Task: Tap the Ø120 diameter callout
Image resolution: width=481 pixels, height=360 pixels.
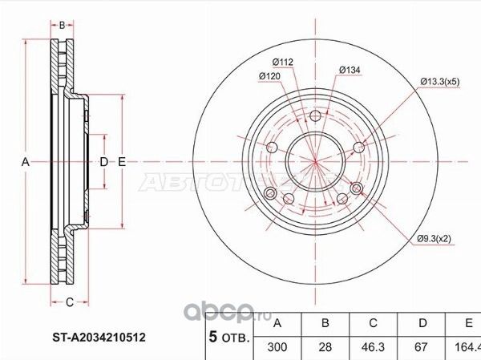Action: coord(268,76)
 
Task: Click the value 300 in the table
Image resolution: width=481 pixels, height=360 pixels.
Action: coord(277,349)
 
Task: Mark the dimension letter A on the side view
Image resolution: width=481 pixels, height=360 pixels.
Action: coord(26,163)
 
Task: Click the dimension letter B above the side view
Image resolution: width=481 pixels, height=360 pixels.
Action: coord(63,25)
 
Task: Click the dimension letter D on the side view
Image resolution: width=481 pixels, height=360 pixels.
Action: coord(103,163)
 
